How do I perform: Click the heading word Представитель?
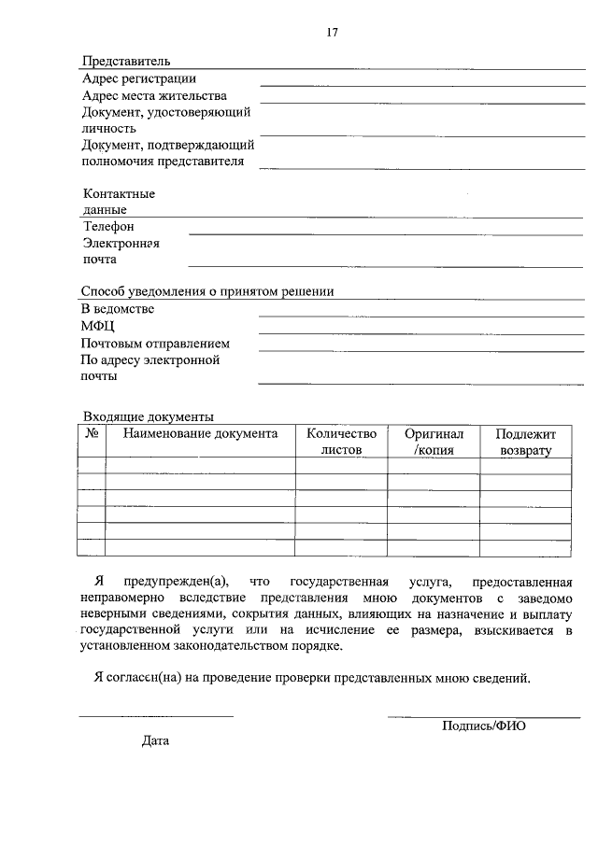[x=126, y=62]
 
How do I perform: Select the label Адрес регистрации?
[x=139, y=78]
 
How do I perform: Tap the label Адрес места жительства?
[x=154, y=95]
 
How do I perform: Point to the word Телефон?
[x=108, y=227]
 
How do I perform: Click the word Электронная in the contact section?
[x=121, y=244]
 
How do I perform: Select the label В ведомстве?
[x=118, y=309]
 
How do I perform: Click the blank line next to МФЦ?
[x=420, y=332]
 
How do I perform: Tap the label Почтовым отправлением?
[x=155, y=343]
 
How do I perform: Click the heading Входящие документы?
[x=149, y=416]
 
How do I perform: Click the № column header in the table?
[x=92, y=433]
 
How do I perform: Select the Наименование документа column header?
[x=200, y=433]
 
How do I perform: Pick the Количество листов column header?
[x=341, y=441]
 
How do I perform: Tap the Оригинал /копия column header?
[x=434, y=442]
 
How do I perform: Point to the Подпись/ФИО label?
[x=484, y=725]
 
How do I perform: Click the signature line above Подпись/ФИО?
[x=484, y=716]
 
